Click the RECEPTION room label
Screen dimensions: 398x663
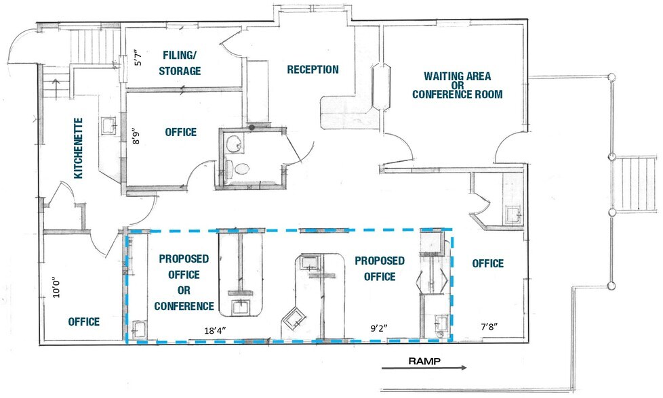point(312,70)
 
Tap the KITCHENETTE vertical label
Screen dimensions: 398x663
point(79,148)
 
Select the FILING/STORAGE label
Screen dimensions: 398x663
point(180,62)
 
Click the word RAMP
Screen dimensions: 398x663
point(424,361)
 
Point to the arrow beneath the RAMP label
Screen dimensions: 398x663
point(424,369)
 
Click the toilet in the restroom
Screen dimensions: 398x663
point(233,169)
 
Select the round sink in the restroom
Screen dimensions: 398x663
point(235,143)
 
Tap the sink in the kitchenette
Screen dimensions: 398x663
point(108,125)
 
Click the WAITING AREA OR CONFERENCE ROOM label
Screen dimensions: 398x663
point(458,85)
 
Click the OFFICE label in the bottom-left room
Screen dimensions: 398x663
point(84,322)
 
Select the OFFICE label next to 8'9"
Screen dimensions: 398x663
point(180,132)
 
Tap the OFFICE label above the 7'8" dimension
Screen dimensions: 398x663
point(487,263)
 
